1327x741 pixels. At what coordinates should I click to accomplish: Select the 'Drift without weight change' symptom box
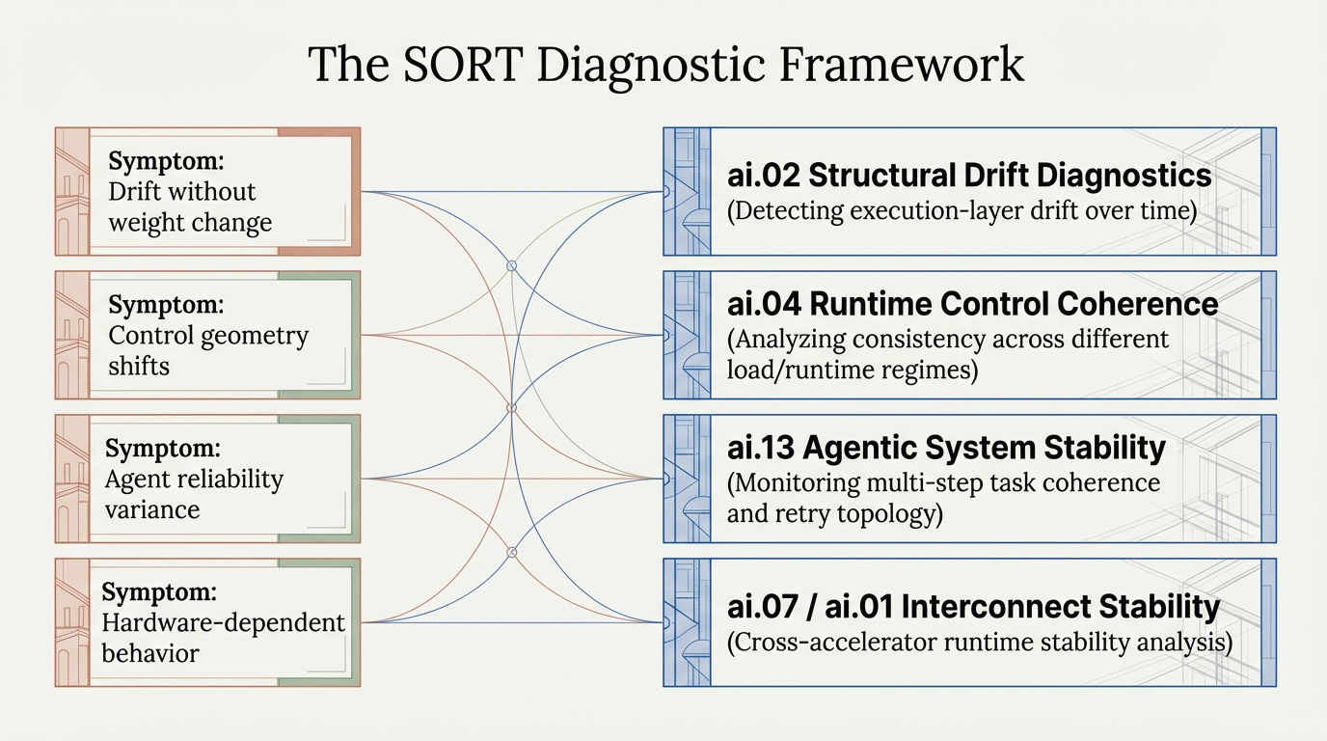click(x=207, y=191)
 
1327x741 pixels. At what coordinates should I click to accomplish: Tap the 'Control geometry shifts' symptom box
click(x=207, y=335)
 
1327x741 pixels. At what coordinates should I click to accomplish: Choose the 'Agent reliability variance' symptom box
click(x=207, y=479)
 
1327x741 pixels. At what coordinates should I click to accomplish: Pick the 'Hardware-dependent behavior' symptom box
click(x=207, y=622)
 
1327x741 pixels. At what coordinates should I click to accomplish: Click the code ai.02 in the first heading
click(x=762, y=176)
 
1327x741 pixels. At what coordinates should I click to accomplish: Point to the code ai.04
click(x=763, y=304)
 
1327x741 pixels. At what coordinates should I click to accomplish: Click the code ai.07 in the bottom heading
click(x=762, y=607)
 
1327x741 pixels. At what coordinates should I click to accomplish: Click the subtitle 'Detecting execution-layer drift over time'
click(x=961, y=209)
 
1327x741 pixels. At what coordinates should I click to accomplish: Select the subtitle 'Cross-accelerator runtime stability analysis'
click(x=979, y=643)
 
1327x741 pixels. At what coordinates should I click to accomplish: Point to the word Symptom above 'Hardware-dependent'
click(x=159, y=591)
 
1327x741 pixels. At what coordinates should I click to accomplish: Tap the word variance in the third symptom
click(x=152, y=509)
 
